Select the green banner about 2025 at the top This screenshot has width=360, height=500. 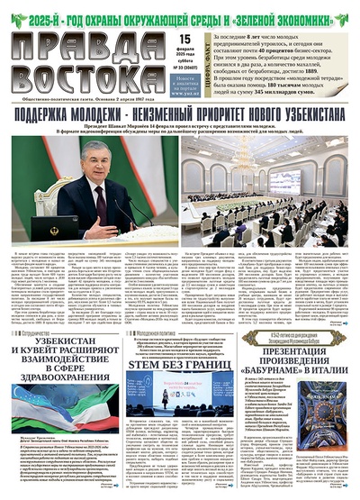(x=180, y=12)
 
